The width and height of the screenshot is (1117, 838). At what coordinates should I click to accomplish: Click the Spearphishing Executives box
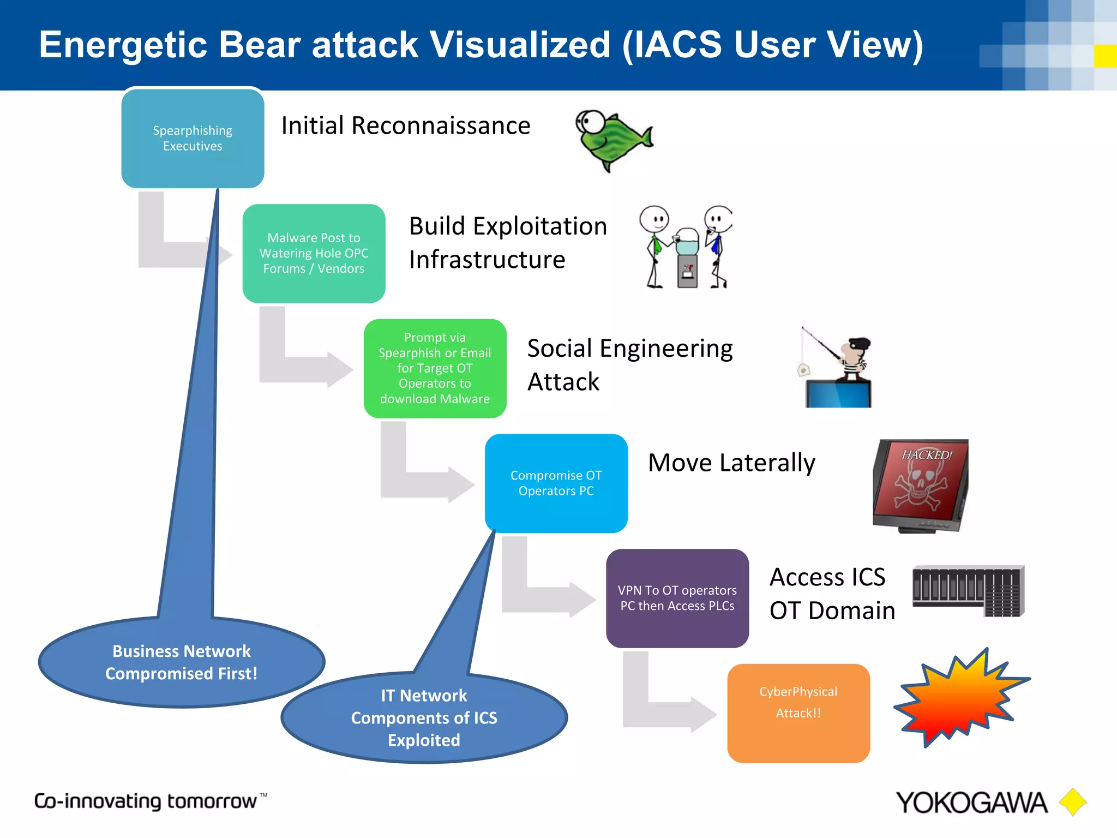(193, 138)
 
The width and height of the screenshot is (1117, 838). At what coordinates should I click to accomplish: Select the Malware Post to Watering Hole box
(314, 253)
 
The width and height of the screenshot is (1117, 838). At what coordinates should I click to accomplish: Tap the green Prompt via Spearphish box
(435, 368)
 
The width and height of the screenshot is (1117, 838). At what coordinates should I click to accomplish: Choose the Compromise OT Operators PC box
(556, 483)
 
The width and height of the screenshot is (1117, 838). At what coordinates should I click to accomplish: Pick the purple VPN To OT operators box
(677, 598)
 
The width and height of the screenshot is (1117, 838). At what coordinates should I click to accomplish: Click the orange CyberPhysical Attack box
(798, 713)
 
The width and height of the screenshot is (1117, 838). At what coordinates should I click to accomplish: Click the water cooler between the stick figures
(687, 256)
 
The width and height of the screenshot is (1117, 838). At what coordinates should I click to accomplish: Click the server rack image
(968, 591)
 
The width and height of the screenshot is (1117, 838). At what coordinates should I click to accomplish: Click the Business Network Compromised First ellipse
(182, 662)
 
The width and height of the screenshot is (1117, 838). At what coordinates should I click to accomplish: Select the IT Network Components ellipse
(424, 717)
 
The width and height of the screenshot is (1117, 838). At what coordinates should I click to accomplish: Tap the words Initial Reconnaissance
(406, 125)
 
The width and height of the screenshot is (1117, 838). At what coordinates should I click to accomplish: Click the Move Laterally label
(731, 463)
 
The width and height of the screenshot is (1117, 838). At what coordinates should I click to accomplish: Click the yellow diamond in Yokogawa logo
(1072, 802)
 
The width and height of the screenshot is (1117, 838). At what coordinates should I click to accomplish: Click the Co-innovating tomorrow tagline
(146, 801)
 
